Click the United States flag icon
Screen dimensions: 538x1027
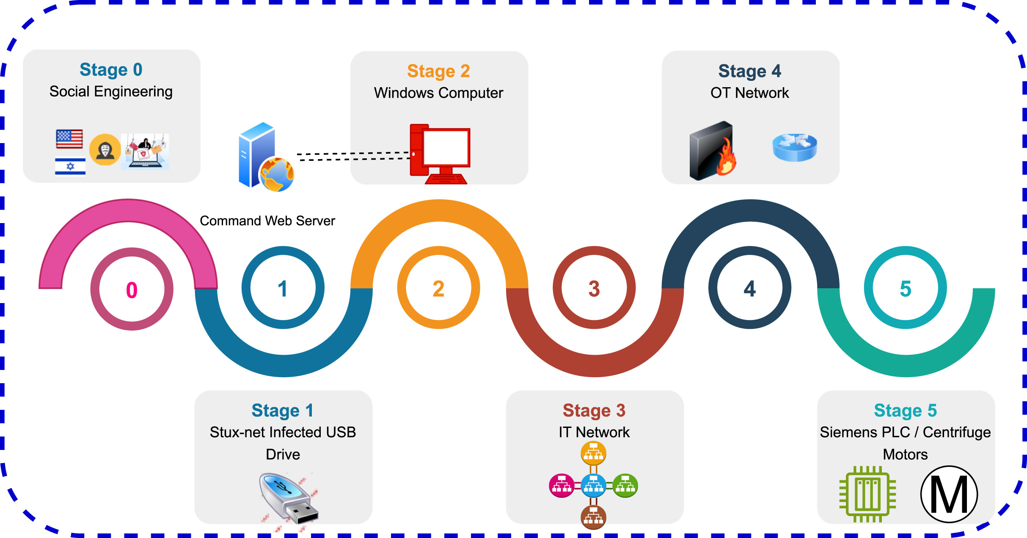(x=69, y=139)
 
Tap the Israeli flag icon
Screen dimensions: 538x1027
(x=70, y=166)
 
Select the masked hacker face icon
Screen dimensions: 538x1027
(x=105, y=149)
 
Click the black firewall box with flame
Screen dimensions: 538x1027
(x=713, y=152)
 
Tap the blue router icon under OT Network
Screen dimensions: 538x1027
(x=794, y=147)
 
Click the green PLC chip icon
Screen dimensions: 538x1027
(x=867, y=494)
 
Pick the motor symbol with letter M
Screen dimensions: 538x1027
(x=949, y=494)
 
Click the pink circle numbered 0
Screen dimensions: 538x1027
(x=132, y=290)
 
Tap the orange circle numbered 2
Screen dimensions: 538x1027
(x=438, y=288)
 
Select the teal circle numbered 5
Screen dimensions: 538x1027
(x=905, y=288)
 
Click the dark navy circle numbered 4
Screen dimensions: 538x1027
(x=749, y=288)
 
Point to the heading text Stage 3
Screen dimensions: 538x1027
(x=594, y=410)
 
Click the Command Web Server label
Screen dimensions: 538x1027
(x=267, y=221)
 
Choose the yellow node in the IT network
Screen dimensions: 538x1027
(x=593, y=453)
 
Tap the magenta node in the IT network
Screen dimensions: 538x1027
(x=562, y=486)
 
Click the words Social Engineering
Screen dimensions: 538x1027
(x=111, y=91)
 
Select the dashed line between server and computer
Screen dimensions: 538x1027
(x=353, y=156)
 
